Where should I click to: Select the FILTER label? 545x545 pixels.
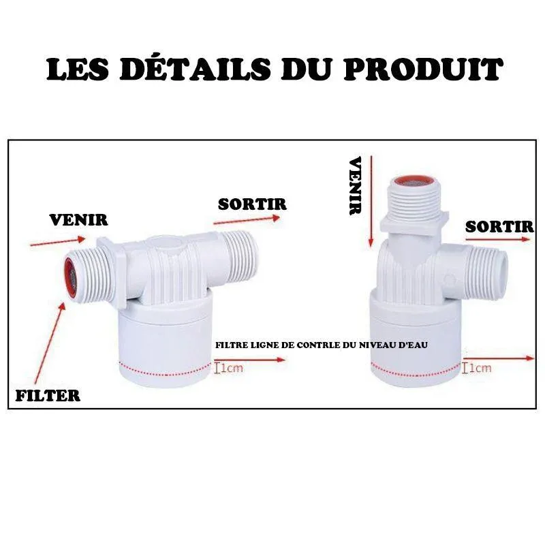pyautogui.click(x=48, y=394)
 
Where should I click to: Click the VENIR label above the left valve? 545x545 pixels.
pyautogui.click(x=79, y=220)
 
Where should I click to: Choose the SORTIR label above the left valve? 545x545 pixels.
pyautogui.click(x=252, y=204)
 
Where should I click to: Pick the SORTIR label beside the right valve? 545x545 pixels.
pyautogui.click(x=499, y=227)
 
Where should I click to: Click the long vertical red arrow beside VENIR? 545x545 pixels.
pyautogui.click(x=370, y=201)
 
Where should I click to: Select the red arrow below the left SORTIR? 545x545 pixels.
pyautogui.click(x=247, y=220)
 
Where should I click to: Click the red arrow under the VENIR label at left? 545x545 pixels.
pyautogui.click(x=59, y=240)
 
